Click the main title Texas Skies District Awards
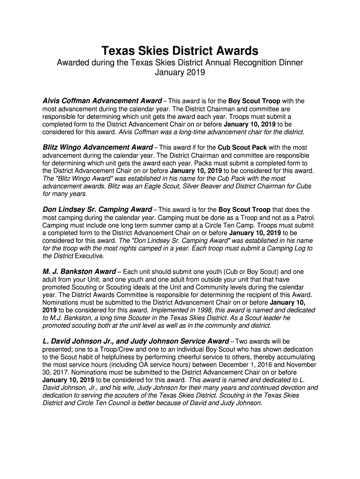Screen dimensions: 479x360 pyautogui.click(x=180, y=51)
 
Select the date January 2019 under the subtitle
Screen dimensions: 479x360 pyautogui.click(x=180, y=73)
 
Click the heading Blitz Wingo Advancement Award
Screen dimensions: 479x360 pyautogui.click(x=98, y=147)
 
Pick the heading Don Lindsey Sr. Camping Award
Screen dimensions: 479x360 pyautogui.click(x=97, y=210)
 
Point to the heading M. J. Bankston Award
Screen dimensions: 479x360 pyautogui.click(x=79, y=272)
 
